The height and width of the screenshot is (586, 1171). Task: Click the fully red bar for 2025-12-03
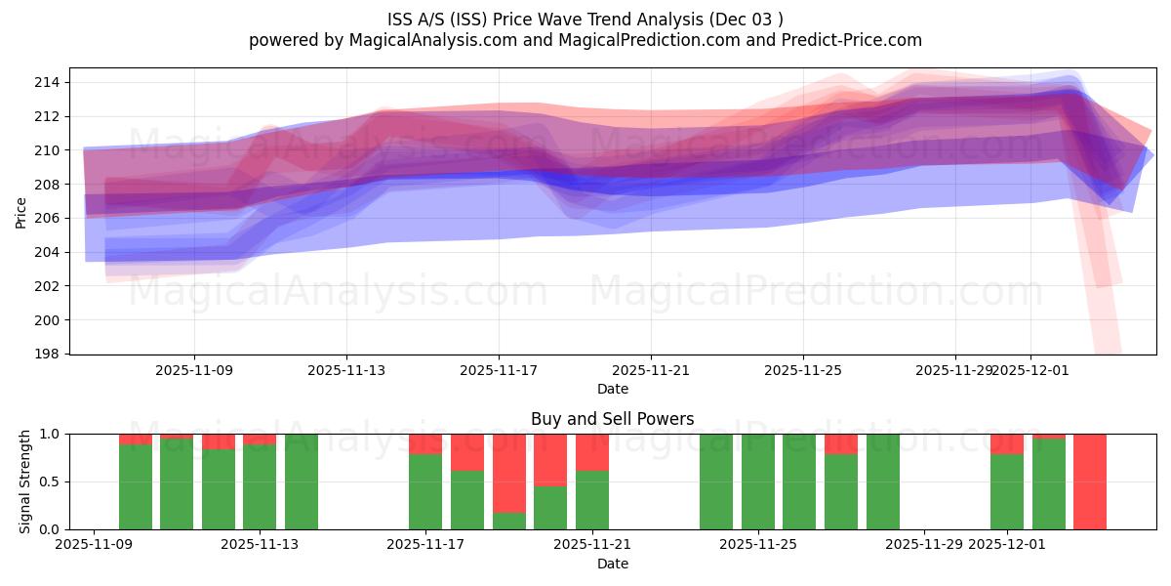click(x=1090, y=481)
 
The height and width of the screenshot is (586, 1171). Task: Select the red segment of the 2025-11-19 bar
click(x=509, y=473)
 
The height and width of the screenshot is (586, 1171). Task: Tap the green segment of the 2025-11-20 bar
click(x=550, y=508)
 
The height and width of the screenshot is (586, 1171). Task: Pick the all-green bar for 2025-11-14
click(x=302, y=481)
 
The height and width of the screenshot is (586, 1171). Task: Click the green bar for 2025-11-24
click(x=716, y=481)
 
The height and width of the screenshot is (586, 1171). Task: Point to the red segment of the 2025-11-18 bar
click(x=467, y=452)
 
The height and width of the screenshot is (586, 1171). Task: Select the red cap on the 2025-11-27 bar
click(x=841, y=443)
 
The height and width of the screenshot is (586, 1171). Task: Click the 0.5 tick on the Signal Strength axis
click(x=49, y=481)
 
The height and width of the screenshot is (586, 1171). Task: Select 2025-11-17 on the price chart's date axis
click(x=499, y=371)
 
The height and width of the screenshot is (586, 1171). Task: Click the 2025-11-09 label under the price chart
click(x=194, y=371)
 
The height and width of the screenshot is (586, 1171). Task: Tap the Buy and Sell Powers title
click(x=612, y=419)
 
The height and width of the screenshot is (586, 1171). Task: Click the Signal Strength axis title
click(x=24, y=481)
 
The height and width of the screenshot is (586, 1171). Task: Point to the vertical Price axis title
click(x=20, y=211)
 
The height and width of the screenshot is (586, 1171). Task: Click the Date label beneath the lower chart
click(x=612, y=564)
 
